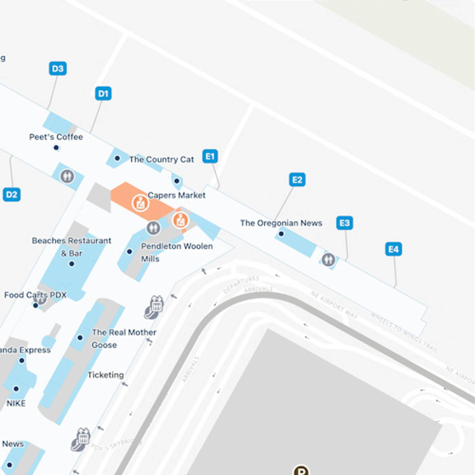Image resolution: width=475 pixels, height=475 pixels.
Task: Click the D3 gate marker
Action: point(58,68)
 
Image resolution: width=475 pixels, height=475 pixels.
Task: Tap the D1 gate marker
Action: point(103,94)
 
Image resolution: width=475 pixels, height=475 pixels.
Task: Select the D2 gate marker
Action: point(11,194)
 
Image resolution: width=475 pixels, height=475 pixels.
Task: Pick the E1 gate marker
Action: point(210,156)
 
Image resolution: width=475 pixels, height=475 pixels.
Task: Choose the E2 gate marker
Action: point(297,180)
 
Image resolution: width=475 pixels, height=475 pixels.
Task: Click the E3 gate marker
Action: point(344,223)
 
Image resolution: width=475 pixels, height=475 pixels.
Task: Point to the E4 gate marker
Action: point(393,249)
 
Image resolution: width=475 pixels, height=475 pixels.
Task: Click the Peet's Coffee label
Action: point(56,137)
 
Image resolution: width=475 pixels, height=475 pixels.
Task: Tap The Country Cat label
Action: point(161,160)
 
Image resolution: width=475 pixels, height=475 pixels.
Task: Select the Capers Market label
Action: point(177,195)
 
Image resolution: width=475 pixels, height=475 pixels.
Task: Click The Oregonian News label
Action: point(281,223)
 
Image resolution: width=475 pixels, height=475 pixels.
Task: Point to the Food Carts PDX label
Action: point(35,295)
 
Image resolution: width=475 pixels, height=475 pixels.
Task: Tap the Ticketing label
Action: point(105,375)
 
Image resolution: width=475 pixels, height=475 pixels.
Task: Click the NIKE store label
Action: point(16,403)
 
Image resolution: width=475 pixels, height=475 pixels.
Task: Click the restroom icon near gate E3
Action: point(328,260)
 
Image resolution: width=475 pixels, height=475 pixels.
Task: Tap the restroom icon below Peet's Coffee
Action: point(67,176)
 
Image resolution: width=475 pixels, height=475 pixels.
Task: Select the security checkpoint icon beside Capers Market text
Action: point(140,203)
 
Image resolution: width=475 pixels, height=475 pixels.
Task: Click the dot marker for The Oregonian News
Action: point(281,234)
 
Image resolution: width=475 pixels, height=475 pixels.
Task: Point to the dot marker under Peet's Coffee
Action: point(56,148)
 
